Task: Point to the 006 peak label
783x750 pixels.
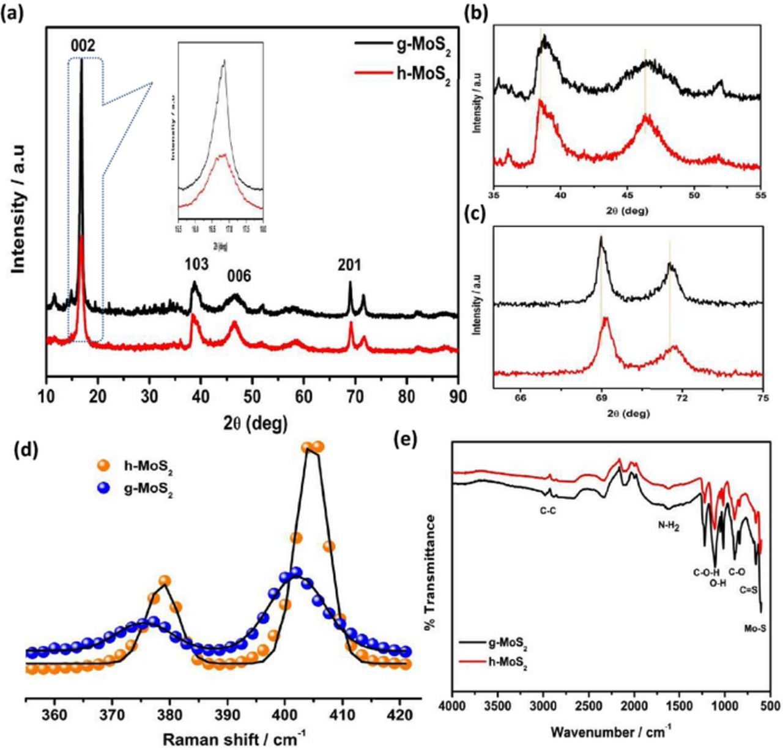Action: tap(239, 276)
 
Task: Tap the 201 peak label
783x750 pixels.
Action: tap(349, 265)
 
